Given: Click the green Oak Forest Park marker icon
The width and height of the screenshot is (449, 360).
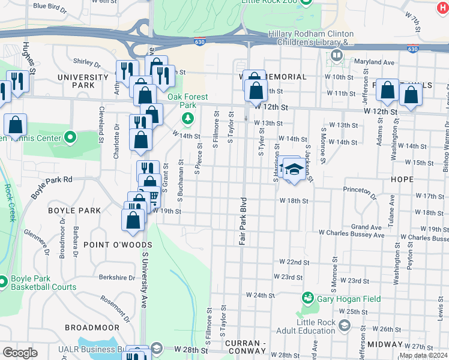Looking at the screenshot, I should click(x=188, y=118).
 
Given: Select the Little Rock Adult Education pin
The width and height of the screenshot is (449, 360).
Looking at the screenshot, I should click(x=345, y=325).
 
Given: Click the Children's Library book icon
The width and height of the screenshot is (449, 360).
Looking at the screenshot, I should click(x=336, y=56).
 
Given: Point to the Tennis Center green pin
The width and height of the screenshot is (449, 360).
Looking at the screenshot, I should click(x=70, y=138).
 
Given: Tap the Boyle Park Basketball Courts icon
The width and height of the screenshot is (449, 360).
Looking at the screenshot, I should click(x=2, y=281).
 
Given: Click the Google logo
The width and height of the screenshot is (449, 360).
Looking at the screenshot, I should click(x=20, y=353).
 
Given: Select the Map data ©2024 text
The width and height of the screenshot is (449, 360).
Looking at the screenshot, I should click(x=423, y=355).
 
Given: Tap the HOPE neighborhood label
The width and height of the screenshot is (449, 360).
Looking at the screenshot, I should click(x=401, y=179).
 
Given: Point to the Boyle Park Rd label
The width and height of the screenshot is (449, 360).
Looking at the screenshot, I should click(x=52, y=186).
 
